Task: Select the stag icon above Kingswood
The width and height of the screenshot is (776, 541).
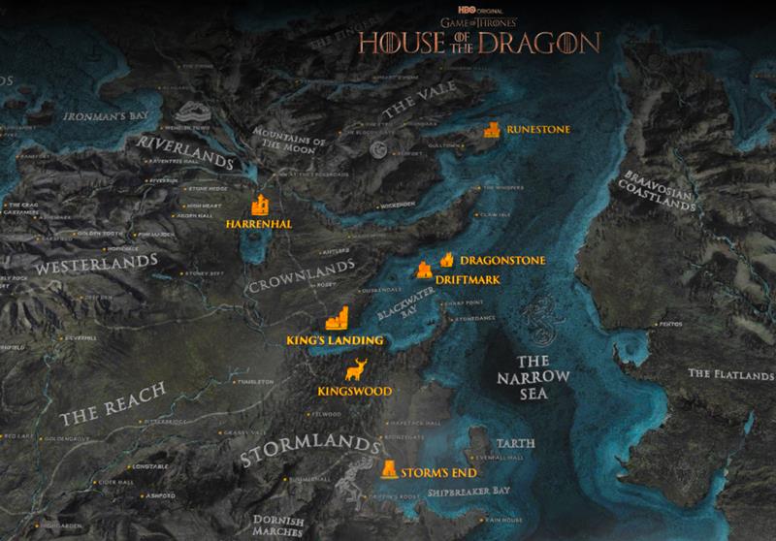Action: tap(356, 370)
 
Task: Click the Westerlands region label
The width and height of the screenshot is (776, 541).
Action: tap(96, 264)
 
